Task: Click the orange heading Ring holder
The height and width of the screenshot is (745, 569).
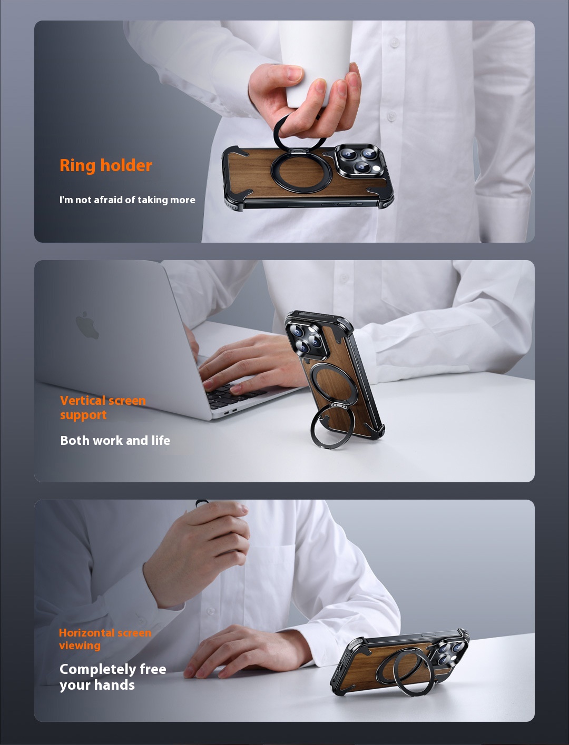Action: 105,166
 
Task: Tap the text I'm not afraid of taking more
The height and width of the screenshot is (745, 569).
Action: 127,200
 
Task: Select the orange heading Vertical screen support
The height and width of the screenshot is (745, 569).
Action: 103,408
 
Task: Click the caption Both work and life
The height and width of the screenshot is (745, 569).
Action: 115,441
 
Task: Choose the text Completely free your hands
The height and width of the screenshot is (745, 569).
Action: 113,677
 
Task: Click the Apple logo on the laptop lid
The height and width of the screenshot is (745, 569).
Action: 87,325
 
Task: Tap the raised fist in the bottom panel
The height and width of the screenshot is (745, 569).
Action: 200,550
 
